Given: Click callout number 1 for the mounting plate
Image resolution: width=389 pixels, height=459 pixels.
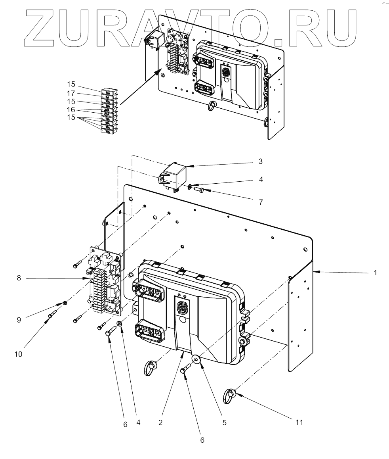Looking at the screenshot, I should (x=375, y=273).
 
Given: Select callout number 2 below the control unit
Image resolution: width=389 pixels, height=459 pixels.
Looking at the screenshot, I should (x=160, y=423).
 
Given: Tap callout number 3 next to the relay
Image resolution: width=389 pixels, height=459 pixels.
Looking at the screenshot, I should (x=260, y=162).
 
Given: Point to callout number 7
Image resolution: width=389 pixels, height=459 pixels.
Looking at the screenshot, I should (x=260, y=202).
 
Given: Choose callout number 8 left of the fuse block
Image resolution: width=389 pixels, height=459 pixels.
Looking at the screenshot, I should (x=19, y=278).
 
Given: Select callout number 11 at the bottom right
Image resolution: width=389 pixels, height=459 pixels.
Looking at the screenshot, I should (x=299, y=423).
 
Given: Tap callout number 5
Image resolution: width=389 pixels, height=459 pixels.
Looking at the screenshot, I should (x=224, y=423).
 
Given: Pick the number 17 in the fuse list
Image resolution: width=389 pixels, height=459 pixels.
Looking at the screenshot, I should (x=71, y=93).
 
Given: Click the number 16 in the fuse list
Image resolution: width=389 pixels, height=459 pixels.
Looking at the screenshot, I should (x=71, y=109).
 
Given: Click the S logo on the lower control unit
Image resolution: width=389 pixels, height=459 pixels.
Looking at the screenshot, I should (x=183, y=308).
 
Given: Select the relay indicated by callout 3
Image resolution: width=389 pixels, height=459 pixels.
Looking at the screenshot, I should (x=175, y=174).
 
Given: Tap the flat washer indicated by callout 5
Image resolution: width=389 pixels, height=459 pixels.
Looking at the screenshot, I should (x=195, y=360).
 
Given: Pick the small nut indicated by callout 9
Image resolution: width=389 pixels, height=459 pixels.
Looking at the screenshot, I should (x=65, y=304).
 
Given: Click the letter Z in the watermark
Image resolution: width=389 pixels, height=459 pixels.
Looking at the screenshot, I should (x=42, y=26).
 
